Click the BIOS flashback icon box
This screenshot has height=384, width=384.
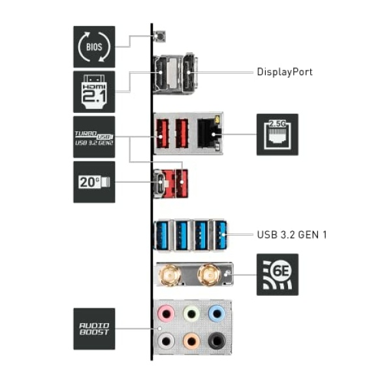pos(94,47)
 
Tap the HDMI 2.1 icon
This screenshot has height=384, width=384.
pos(94,92)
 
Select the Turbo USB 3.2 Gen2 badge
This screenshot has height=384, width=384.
pos(94,137)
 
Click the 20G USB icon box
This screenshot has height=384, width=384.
pos(94,182)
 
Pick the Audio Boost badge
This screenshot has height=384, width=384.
pos(94,328)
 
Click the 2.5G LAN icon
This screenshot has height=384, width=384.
pos(278,135)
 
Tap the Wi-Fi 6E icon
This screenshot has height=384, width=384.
pos(278,274)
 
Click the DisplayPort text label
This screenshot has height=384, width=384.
pos(285,72)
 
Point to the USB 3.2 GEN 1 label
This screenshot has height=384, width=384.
pos(292,234)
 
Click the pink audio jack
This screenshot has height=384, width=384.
pos(166,313)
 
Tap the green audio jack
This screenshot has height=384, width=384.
pos(191,313)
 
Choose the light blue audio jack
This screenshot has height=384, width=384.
pos(217,313)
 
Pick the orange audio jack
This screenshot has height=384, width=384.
pos(191,341)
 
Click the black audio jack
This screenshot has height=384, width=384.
pos(217,341)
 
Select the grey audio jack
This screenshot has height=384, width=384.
pos(166,341)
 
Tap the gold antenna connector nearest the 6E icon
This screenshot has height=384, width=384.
pos(209,274)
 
